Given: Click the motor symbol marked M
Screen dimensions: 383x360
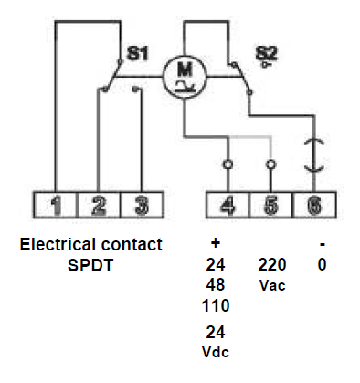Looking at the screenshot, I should tap(184, 76).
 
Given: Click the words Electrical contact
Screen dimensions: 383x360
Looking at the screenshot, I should tap(90, 245).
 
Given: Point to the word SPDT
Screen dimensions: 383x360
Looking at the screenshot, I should tap(90, 264).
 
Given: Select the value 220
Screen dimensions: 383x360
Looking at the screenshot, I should tap(272, 265).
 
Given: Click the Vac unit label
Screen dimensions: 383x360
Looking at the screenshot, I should tap(272, 285).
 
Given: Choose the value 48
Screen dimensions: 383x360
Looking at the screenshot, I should tap(217, 284).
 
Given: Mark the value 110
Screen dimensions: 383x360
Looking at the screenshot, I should tap(217, 304).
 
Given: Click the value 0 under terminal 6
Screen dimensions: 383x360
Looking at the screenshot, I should tap(323, 265).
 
